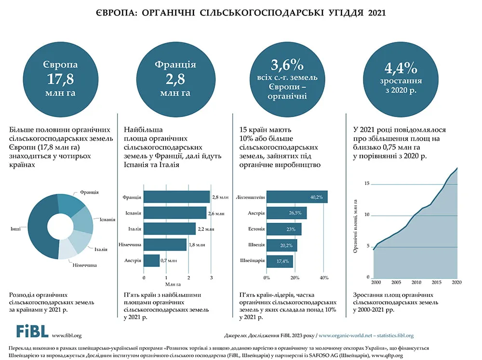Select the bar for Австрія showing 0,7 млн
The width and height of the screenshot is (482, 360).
pyautogui.click(x=151, y=260)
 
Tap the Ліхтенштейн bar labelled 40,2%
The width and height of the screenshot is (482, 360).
pyautogui.click(x=297, y=197)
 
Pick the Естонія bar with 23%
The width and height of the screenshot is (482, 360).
pyautogui.click(x=284, y=229)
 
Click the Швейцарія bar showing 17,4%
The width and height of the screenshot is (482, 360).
pyautogui.click(x=280, y=261)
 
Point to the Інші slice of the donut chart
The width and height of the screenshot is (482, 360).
pyautogui.click(x=39, y=227)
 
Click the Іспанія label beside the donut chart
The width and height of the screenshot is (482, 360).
pyautogui.click(x=107, y=219)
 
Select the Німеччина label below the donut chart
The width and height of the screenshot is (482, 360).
pyautogui.click(x=84, y=265)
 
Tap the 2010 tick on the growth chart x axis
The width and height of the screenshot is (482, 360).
pyautogui.click(x=416, y=282)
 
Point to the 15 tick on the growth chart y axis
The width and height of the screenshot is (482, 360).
pyautogui.click(x=367, y=184)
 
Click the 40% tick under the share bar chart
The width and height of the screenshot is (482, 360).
pyautogui.click(x=324, y=278)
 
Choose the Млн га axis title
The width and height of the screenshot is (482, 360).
pyautogui.click(x=173, y=284)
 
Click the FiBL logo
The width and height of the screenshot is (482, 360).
pyautogui.click(x=32, y=332)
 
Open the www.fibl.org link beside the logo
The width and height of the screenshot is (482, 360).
pyautogui.click(x=67, y=335)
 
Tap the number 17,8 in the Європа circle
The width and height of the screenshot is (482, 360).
pyautogui.click(x=61, y=79)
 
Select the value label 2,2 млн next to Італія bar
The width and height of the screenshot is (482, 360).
pyautogui.click(x=206, y=229)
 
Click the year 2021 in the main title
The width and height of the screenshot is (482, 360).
pyautogui.click(x=376, y=13)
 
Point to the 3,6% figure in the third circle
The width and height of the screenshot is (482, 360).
pyautogui.click(x=287, y=65)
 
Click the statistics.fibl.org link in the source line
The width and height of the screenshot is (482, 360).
pyautogui.click(x=395, y=335)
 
